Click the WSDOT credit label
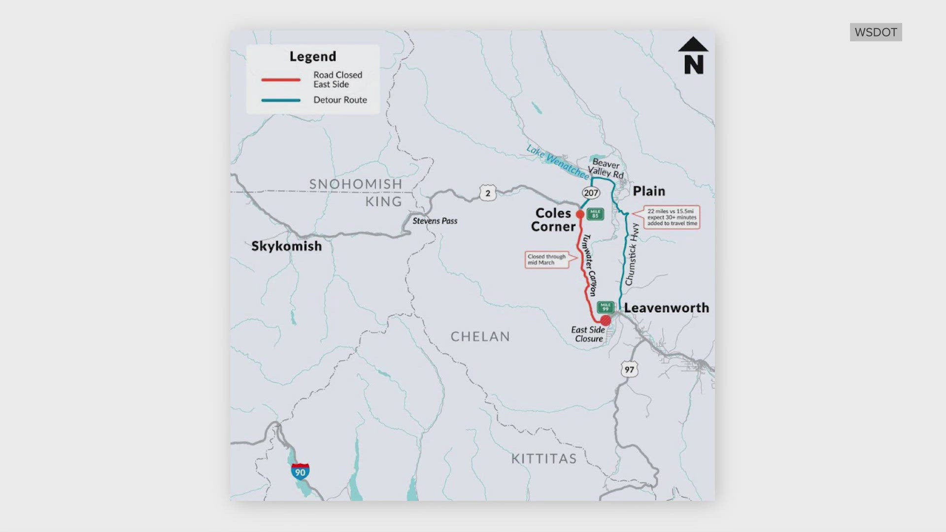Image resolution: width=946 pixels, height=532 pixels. (876, 32)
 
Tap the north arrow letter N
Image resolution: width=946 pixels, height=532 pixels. (693, 65)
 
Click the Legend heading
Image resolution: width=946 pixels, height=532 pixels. (312, 57)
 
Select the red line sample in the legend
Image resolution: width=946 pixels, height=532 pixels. (281, 80)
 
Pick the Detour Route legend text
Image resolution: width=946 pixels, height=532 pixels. (340, 100)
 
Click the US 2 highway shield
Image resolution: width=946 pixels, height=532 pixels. (488, 193)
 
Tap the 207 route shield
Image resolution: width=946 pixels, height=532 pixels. (591, 193)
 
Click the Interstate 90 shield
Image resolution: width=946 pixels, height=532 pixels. (300, 471)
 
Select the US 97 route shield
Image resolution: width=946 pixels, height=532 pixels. (629, 369)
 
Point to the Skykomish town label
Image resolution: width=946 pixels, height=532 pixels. (286, 246)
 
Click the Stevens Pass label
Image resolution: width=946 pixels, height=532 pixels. (435, 221)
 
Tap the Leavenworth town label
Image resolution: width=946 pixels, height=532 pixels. (666, 308)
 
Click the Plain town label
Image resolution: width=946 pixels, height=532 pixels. (648, 191)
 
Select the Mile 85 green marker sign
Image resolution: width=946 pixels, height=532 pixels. (595, 214)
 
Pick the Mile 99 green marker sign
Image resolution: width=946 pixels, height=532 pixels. (606, 307)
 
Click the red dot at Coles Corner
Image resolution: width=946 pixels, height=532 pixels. (580, 214)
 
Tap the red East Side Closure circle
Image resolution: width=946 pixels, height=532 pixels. (606, 321)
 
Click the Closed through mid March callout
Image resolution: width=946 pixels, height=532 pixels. (546, 260)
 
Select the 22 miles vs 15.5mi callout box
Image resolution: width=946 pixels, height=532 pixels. (672, 217)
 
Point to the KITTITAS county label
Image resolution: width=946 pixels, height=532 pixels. (543, 459)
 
